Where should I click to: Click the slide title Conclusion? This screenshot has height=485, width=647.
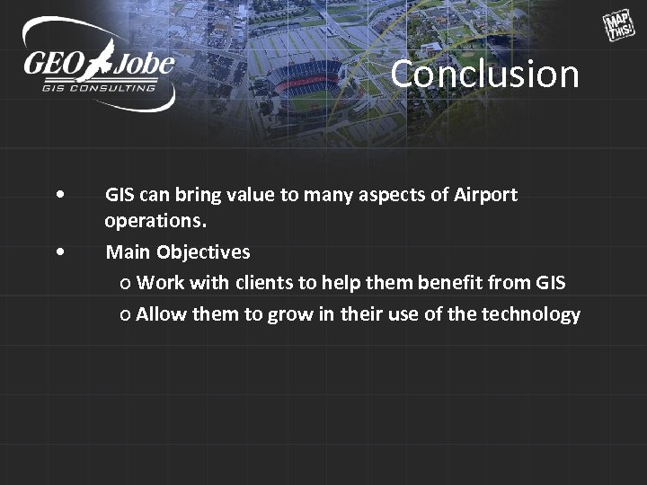484,74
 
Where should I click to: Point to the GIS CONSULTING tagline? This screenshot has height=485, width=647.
98,88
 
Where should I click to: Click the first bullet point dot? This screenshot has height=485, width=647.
58,195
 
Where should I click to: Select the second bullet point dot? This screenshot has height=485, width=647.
58,252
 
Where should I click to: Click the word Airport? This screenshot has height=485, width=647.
485,195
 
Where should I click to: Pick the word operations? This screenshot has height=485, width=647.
154,220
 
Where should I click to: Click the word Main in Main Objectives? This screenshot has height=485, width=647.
129,252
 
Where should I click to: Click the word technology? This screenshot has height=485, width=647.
531,314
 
